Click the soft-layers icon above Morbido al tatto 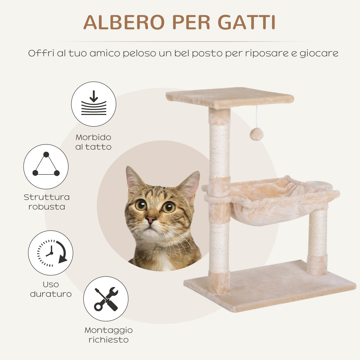94,104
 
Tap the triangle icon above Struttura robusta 46,166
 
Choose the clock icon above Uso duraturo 51,253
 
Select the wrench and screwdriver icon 106,299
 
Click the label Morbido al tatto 93,142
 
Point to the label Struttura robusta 47,202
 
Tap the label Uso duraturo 51,289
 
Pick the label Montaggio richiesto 109,335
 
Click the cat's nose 151,219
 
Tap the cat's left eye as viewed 141,205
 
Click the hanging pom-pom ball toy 257,134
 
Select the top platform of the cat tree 230,97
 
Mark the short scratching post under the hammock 318,240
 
